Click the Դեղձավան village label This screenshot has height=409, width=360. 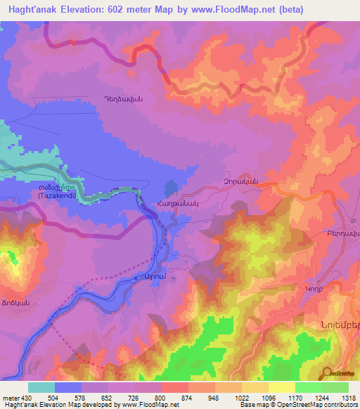point(123,100)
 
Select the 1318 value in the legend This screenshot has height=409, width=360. point(348,398)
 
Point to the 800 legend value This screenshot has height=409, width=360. point(162,398)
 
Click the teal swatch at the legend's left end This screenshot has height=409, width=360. point(41,387)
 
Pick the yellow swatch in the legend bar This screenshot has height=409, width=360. point(281,387)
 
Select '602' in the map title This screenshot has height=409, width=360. point(110,8)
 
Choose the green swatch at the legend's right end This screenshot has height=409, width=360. point(335,387)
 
